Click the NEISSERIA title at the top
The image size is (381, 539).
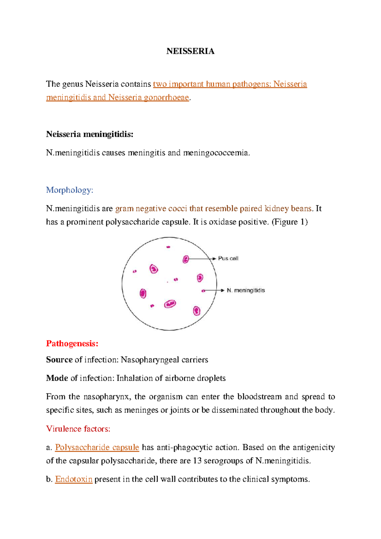coord(190,51)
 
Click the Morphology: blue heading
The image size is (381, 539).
coord(70,190)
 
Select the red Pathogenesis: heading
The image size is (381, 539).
coord(72,343)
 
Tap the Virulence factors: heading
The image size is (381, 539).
coord(78,429)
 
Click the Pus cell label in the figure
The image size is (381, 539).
coord(228,258)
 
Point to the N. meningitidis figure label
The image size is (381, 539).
coord(245,290)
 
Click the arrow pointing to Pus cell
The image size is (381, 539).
coord(202,259)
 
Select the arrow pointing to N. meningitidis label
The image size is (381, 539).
coord(214,290)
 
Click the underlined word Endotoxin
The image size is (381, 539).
coord(74,479)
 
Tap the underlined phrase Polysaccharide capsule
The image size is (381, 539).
coord(97,447)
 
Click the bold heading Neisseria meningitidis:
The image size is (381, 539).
coord(90,134)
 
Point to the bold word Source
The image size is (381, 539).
coord(59,360)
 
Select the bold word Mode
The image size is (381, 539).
coord(57,378)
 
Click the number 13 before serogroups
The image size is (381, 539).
coord(197,461)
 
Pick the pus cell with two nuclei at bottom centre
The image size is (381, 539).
coord(170,304)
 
